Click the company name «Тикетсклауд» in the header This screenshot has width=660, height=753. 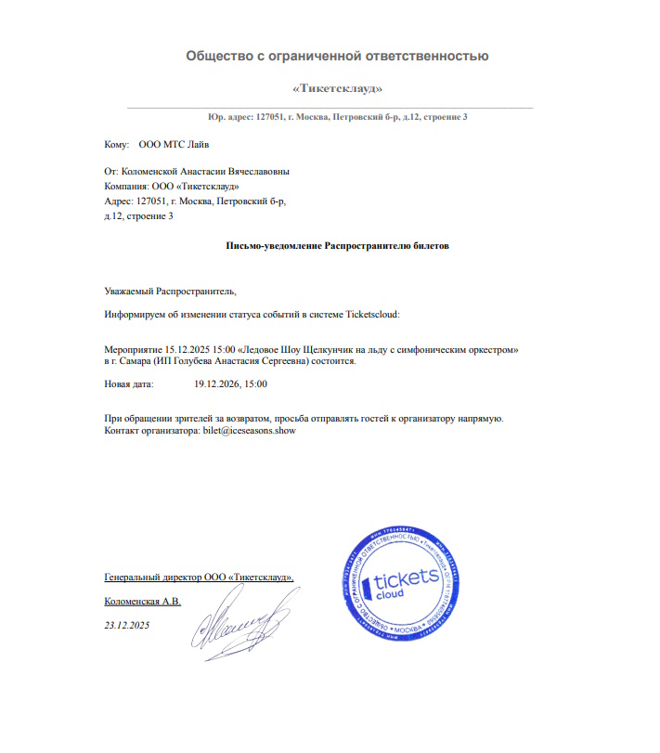point(337,88)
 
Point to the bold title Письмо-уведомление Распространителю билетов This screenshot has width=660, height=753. point(337,246)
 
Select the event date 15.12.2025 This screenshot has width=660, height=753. point(184,349)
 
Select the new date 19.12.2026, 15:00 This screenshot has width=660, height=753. point(231,383)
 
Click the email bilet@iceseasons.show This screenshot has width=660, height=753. point(249,432)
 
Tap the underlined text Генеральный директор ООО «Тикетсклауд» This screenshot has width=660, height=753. point(200,578)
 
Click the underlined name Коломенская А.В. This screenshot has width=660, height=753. point(144,602)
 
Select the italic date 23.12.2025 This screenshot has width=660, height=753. point(127,626)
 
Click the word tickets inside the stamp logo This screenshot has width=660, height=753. point(409,580)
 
